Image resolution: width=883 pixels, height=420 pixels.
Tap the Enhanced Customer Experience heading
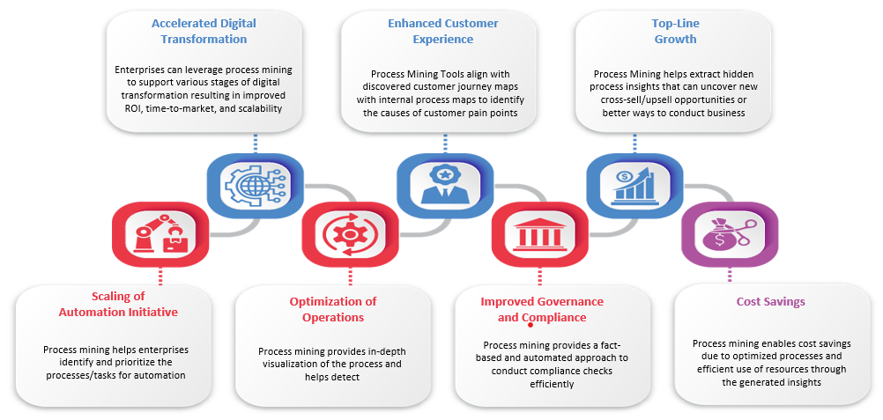pyautogui.click(x=443, y=31)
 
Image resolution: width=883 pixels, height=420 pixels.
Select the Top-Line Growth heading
pyautogui.click(x=675, y=31)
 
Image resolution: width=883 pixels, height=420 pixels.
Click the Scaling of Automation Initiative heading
pyautogui.click(x=118, y=304)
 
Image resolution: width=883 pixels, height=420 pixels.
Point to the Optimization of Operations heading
pyautogui.click(x=333, y=309)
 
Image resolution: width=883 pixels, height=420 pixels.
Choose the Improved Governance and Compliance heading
pyautogui.click(x=542, y=309)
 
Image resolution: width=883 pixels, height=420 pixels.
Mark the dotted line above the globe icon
pyautogui.click(x=255, y=144)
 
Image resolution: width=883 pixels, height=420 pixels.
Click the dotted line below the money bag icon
pyautogui.click(x=730, y=274)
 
